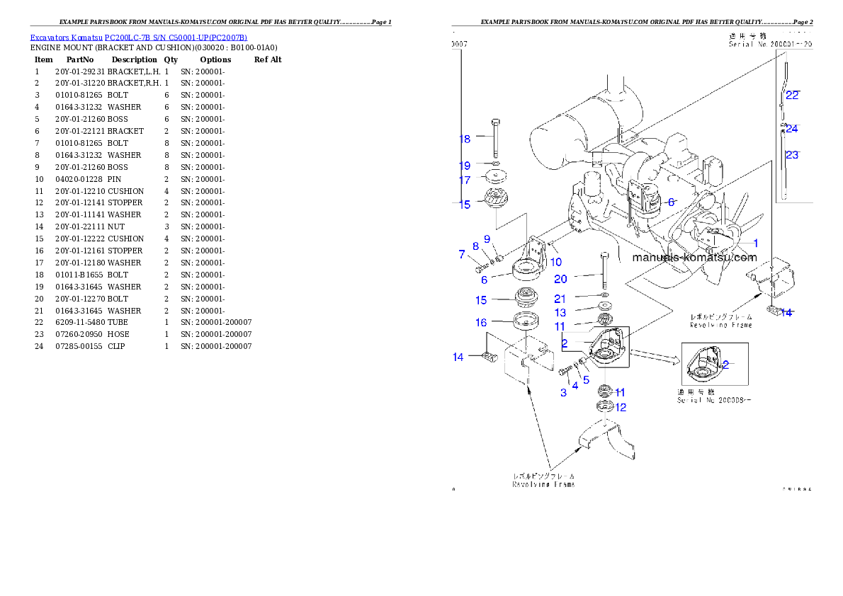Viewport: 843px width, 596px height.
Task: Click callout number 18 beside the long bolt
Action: coord(465,139)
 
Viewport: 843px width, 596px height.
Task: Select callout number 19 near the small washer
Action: coord(465,166)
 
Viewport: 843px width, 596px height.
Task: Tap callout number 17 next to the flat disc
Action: coord(465,180)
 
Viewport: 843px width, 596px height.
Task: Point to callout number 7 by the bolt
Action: coord(461,254)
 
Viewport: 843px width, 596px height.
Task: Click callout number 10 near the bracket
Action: coord(556,263)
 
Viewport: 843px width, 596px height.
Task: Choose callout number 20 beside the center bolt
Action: coord(560,279)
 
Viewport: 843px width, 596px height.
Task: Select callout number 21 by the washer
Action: coord(560,299)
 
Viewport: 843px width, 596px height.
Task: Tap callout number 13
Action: coord(560,313)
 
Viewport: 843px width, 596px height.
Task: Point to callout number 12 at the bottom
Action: coord(621,408)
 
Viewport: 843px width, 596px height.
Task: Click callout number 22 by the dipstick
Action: coord(792,96)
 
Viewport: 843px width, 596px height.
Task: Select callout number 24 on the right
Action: coord(792,129)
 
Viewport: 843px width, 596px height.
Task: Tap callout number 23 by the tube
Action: coord(792,155)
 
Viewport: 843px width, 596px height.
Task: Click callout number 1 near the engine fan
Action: coord(756,243)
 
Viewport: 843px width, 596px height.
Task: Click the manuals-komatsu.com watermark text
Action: coord(694,258)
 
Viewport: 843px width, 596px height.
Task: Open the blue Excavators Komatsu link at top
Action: coord(138,38)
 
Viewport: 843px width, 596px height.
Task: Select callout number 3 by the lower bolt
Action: coord(563,393)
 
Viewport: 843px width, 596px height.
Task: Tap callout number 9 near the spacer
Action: coord(487,239)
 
